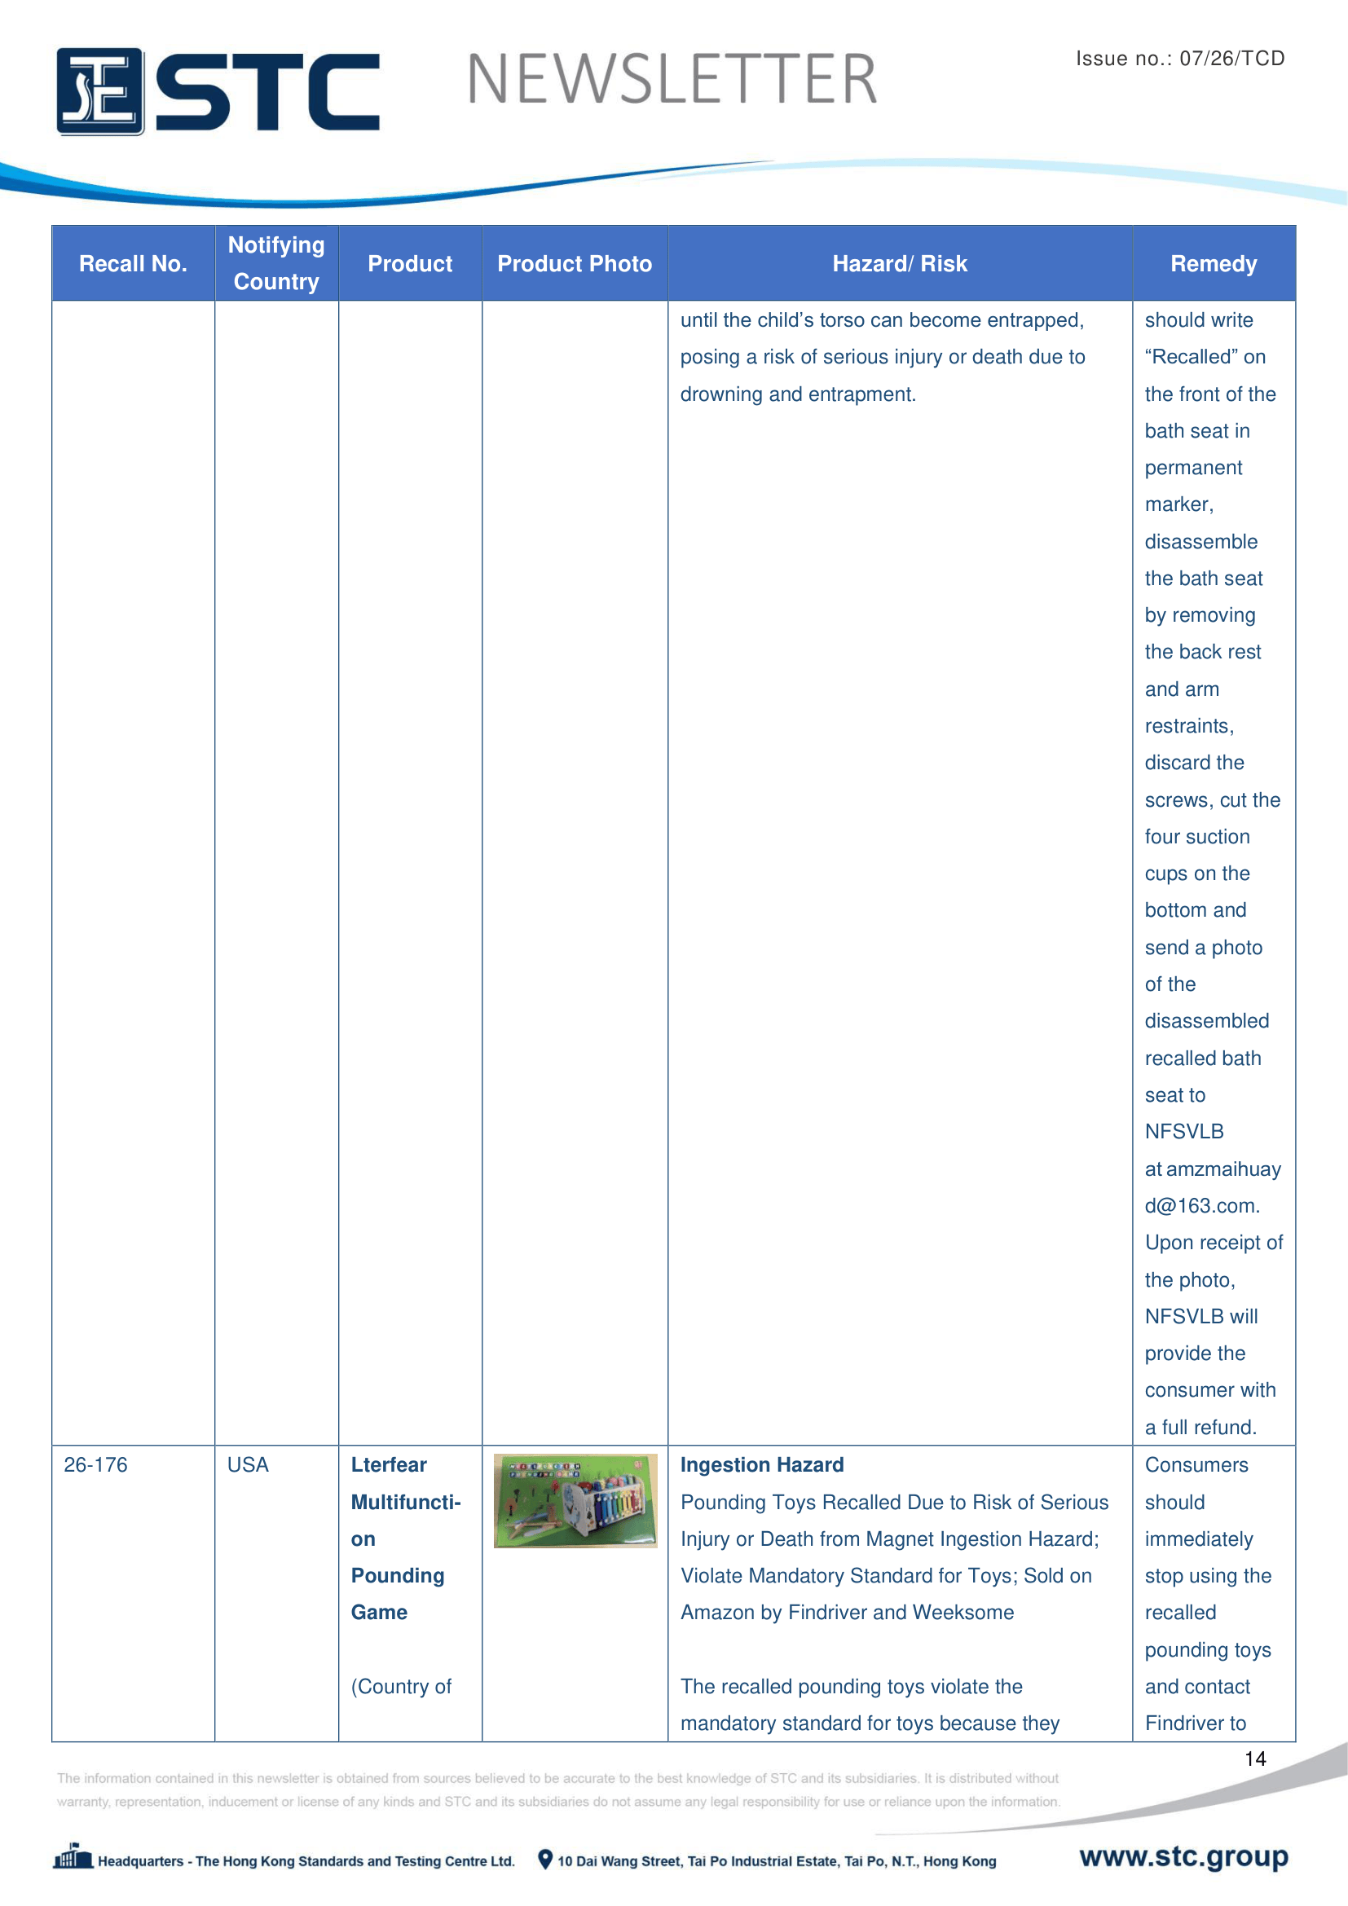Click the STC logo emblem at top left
point(99,91)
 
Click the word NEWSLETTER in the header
point(672,80)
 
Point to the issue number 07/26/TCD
point(1231,58)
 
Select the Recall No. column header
point(133,264)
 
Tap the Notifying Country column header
point(276,263)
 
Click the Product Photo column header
point(575,264)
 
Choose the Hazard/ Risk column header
point(900,264)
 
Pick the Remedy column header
point(1213,264)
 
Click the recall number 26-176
point(95,1465)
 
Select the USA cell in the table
point(249,1465)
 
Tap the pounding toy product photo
point(575,1501)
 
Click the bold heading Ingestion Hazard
point(762,1465)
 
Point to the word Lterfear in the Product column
point(389,1465)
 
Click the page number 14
point(1255,1759)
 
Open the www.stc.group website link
point(1183,1856)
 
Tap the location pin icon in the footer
point(545,1860)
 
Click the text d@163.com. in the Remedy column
point(1202,1206)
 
